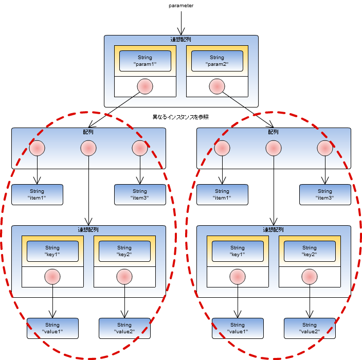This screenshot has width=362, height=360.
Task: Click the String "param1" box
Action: click(145, 61)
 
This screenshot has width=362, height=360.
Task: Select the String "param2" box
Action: click(217, 61)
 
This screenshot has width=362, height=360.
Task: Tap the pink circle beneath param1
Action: click(145, 86)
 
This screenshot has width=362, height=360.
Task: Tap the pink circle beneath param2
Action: click(217, 86)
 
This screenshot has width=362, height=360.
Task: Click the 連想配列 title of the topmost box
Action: click(181, 40)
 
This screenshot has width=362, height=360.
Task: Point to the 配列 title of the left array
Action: click(88, 132)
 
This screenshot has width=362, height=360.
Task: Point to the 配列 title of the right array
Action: click(274, 132)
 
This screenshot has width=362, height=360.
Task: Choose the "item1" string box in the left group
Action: click(37, 194)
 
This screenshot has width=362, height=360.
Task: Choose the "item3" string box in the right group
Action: click(325, 194)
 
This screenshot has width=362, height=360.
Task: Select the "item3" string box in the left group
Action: click(140, 194)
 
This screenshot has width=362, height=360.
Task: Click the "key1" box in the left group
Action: click(52, 251)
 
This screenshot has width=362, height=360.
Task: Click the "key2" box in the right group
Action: click(310, 251)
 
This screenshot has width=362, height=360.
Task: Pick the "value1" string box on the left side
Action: click(52, 328)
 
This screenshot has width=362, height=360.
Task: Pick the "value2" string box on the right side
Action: click(310, 328)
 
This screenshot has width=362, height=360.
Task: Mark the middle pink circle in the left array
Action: click(88, 148)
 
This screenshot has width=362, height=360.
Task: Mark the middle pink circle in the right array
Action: click(274, 148)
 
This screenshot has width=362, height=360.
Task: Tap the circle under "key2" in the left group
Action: click(124, 277)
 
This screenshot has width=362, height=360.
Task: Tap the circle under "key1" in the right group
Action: click(238, 277)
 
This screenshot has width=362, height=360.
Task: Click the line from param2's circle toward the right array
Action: click(234, 101)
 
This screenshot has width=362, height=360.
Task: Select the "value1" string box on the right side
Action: click(238, 328)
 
